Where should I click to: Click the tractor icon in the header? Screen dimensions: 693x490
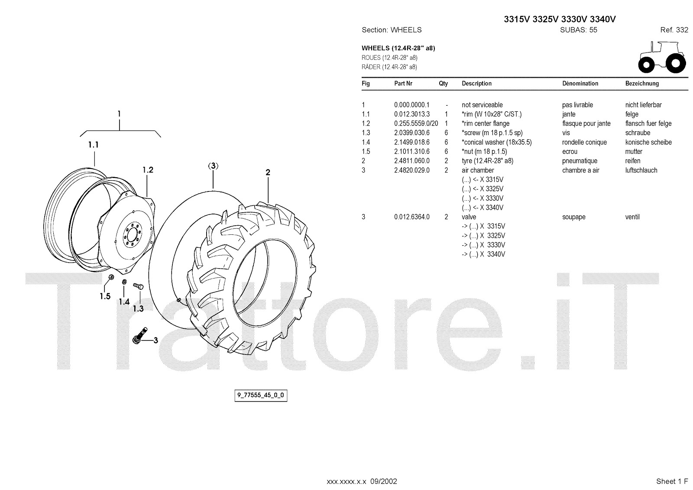[x=662, y=57]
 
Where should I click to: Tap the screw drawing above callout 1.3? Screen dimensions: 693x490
[x=138, y=286]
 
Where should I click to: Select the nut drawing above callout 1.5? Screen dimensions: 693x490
[x=111, y=277]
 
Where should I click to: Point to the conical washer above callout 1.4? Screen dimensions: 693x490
[x=124, y=282]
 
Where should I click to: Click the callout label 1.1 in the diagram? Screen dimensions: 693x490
[x=94, y=145]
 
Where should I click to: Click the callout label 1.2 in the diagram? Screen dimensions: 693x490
[x=148, y=170]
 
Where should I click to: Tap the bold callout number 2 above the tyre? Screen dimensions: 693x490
[x=268, y=172]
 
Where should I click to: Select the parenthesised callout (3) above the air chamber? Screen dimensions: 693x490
[x=213, y=166]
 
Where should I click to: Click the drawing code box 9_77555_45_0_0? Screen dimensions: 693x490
[x=261, y=396]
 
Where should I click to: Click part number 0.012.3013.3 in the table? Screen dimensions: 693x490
[x=411, y=114]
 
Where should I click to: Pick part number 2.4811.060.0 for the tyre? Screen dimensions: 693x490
[x=411, y=161]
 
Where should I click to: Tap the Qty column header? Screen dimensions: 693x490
[x=443, y=84]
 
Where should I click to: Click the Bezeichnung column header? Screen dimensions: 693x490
[x=642, y=84]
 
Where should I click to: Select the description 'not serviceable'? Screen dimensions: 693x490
[x=482, y=105]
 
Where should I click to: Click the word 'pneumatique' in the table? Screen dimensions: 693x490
[x=580, y=161]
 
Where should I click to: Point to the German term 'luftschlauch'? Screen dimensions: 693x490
[x=641, y=170]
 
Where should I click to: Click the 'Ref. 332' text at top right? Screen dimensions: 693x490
[x=674, y=30]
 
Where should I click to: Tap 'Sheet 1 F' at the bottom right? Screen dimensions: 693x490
[x=672, y=481]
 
